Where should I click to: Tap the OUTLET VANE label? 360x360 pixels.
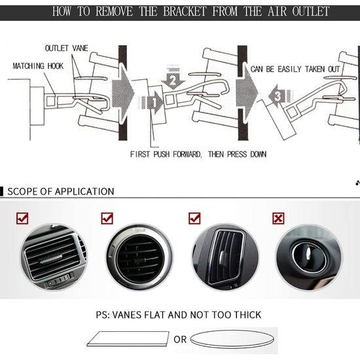point(67,48)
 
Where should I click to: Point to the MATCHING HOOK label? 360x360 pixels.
point(39,66)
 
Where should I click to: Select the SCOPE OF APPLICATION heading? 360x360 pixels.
point(60,191)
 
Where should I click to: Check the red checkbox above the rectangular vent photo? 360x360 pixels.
point(22,218)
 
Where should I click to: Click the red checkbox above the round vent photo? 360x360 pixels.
point(107,218)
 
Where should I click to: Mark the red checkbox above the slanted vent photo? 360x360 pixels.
point(194,218)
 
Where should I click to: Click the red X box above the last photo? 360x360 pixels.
point(279,218)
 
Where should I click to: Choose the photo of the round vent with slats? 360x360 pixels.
point(139,257)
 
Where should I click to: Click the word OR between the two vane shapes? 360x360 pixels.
point(180,340)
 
